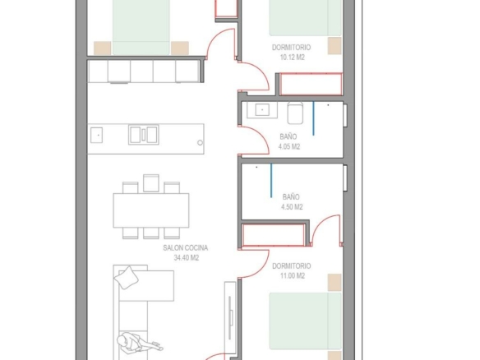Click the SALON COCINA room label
click(186, 248)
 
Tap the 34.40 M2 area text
click(187, 258)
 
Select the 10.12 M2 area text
click(293, 58)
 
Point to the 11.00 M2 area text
click(293, 276)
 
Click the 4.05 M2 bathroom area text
click(289, 147)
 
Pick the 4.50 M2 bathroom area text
click(292, 207)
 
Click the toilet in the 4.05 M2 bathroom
click(295, 113)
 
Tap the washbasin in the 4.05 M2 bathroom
click(262, 109)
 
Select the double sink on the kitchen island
click(144, 135)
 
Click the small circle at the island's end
click(200, 143)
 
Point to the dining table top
click(151, 210)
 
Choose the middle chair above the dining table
click(151, 183)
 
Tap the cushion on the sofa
click(126, 277)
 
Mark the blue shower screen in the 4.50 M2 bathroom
click(271, 181)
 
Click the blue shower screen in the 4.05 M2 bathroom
click(313, 118)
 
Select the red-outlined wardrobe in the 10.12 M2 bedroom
click(311, 84)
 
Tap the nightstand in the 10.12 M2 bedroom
click(335, 46)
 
